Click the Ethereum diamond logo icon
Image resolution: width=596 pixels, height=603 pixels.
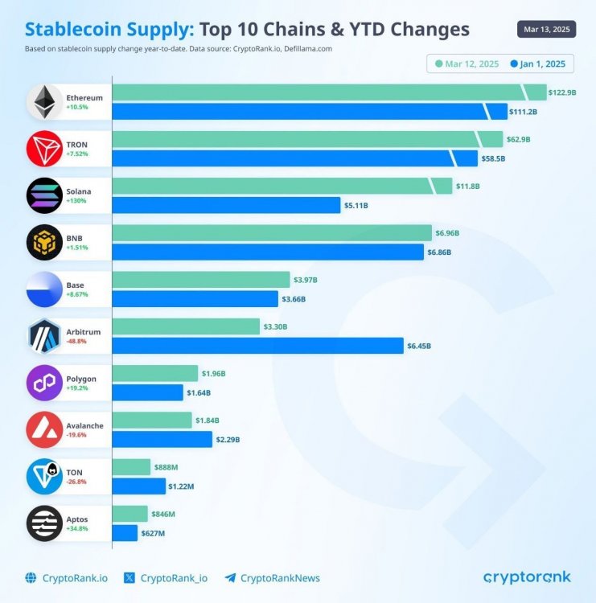point(44,102)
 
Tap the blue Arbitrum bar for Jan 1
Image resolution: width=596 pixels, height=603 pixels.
point(257,346)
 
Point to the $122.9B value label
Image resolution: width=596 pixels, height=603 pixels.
point(561,92)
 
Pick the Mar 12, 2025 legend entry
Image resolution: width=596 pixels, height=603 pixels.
point(466,64)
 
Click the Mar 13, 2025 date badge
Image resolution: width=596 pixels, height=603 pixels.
point(547,29)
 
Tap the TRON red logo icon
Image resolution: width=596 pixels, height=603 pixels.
point(44,149)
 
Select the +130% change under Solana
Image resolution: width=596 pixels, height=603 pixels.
point(76,201)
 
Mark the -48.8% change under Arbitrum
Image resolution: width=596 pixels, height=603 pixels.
point(77,341)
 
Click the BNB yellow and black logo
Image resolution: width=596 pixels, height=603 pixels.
point(44,242)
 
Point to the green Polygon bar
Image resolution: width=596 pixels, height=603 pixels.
point(154,373)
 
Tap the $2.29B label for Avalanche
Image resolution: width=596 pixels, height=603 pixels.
point(228,439)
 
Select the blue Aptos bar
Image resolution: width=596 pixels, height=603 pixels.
point(125,532)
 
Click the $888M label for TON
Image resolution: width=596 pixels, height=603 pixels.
point(163,467)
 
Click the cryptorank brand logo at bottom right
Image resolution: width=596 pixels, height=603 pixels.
point(527,577)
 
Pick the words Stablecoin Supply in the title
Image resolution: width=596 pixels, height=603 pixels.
point(109,30)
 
